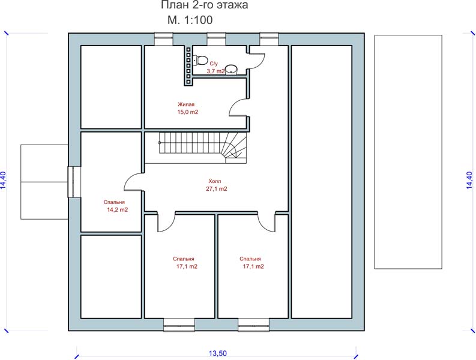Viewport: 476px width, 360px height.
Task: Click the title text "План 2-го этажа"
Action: point(204,5)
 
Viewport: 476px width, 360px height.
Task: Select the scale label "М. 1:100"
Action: point(190,20)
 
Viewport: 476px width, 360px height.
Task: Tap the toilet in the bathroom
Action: point(200,59)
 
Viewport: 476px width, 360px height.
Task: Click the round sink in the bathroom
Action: point(231,69)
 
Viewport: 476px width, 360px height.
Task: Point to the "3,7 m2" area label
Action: point(216,71)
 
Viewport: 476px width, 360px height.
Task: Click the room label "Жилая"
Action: point(186,104)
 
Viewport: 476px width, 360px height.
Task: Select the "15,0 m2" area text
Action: point(188,112)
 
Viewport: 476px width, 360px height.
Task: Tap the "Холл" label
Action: point(215,181)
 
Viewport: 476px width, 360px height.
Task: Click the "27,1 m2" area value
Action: point(217,189)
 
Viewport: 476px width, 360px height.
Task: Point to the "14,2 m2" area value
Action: point(118,210)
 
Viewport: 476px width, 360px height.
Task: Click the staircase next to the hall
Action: point(202,148)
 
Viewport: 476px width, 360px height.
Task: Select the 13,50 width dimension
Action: point(218,353)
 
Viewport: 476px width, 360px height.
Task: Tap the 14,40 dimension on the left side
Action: point(3,181)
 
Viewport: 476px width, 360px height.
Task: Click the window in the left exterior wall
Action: point(74,182)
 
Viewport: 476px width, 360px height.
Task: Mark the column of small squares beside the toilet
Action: point(188,65)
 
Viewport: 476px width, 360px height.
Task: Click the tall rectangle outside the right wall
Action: point(408,152)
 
